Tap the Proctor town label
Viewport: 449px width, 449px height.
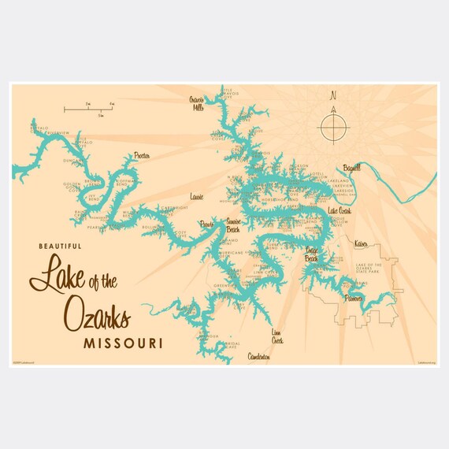click(x=141, y=156)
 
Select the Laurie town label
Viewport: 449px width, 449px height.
click(x=197, y=192)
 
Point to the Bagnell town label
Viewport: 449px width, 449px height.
click(x=351, y=168)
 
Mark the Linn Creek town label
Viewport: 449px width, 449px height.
click(x=276, y=336)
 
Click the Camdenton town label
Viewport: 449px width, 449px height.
click(x=258, y=357)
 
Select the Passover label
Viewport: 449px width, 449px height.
click(x=352, y=299)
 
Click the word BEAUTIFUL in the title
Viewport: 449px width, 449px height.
click(x=62, y=247)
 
